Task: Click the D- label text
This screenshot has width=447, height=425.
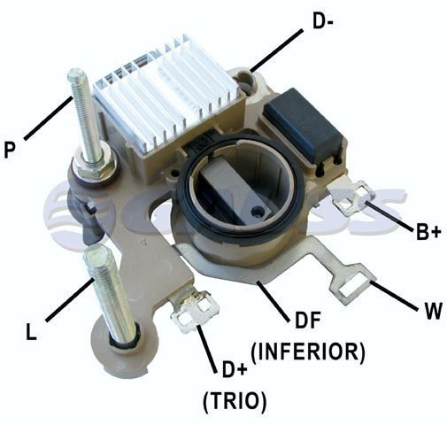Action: pyautogui.click(x=323, y=21)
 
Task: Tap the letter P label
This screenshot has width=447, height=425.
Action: pyautogui.click(x=9, y=150)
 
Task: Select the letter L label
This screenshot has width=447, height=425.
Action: pyautogui.click(x=31, y=331)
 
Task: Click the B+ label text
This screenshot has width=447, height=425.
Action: pyautogui.click(x=428, y=230)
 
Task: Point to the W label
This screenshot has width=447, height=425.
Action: pyautogui.click(x=432, y=310)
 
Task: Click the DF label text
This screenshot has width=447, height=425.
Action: pyautogui.click(x=308, y=321)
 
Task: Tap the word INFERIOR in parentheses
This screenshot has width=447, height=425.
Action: pyautogui.click(x=308, y=352)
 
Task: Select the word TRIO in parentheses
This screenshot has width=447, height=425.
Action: pyautogui.click(x=235, y=401)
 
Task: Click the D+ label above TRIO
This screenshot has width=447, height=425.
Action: pyautogui.click(x=235, y=370)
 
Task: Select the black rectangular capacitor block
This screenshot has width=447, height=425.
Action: pyautogui.click(x=304, y=124)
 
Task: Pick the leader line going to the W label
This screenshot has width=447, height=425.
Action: pyautogui.click(x=394, y=296)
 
